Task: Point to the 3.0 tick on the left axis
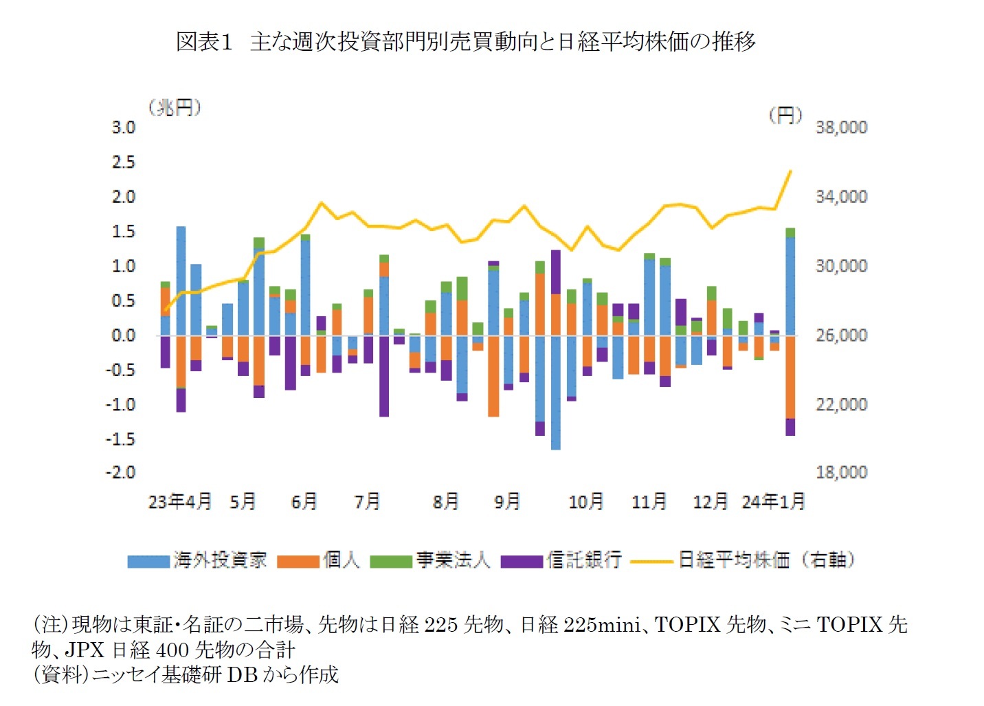tap(124, 128)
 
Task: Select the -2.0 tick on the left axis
tap(121, 473)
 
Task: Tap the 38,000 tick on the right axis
tap(841, 128)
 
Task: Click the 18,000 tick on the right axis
tap(841, 473)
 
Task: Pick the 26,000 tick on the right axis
tap(841, 335)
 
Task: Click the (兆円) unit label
tap(174, 108)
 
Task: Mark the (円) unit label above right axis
tap(785, 115)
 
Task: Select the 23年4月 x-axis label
tap(180, 502)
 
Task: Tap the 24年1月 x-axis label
tap(773, 502)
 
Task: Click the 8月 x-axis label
tap(445, 502)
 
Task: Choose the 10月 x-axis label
tap(586, 502)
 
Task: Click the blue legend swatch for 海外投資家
tap(148, 562)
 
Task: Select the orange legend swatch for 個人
tap(298, 562)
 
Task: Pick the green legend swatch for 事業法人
tap(390, 562)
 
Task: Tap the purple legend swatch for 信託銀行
tap(522, 562)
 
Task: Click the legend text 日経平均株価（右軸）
tap(766, 560)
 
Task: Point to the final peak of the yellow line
tap(791, 171)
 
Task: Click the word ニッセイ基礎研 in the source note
tap(157, 675)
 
